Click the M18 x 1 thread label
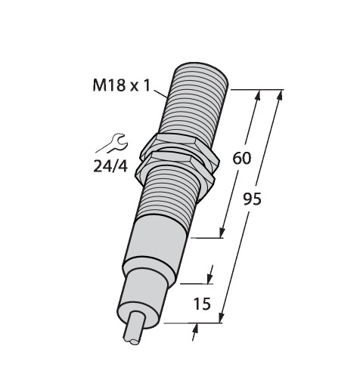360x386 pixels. point(122,85)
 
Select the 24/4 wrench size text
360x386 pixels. point(110,166)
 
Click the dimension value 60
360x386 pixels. point(242,159)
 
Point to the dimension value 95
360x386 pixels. point(253,199)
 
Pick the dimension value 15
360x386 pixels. point(202,304)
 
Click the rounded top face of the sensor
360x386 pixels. point(202,72)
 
